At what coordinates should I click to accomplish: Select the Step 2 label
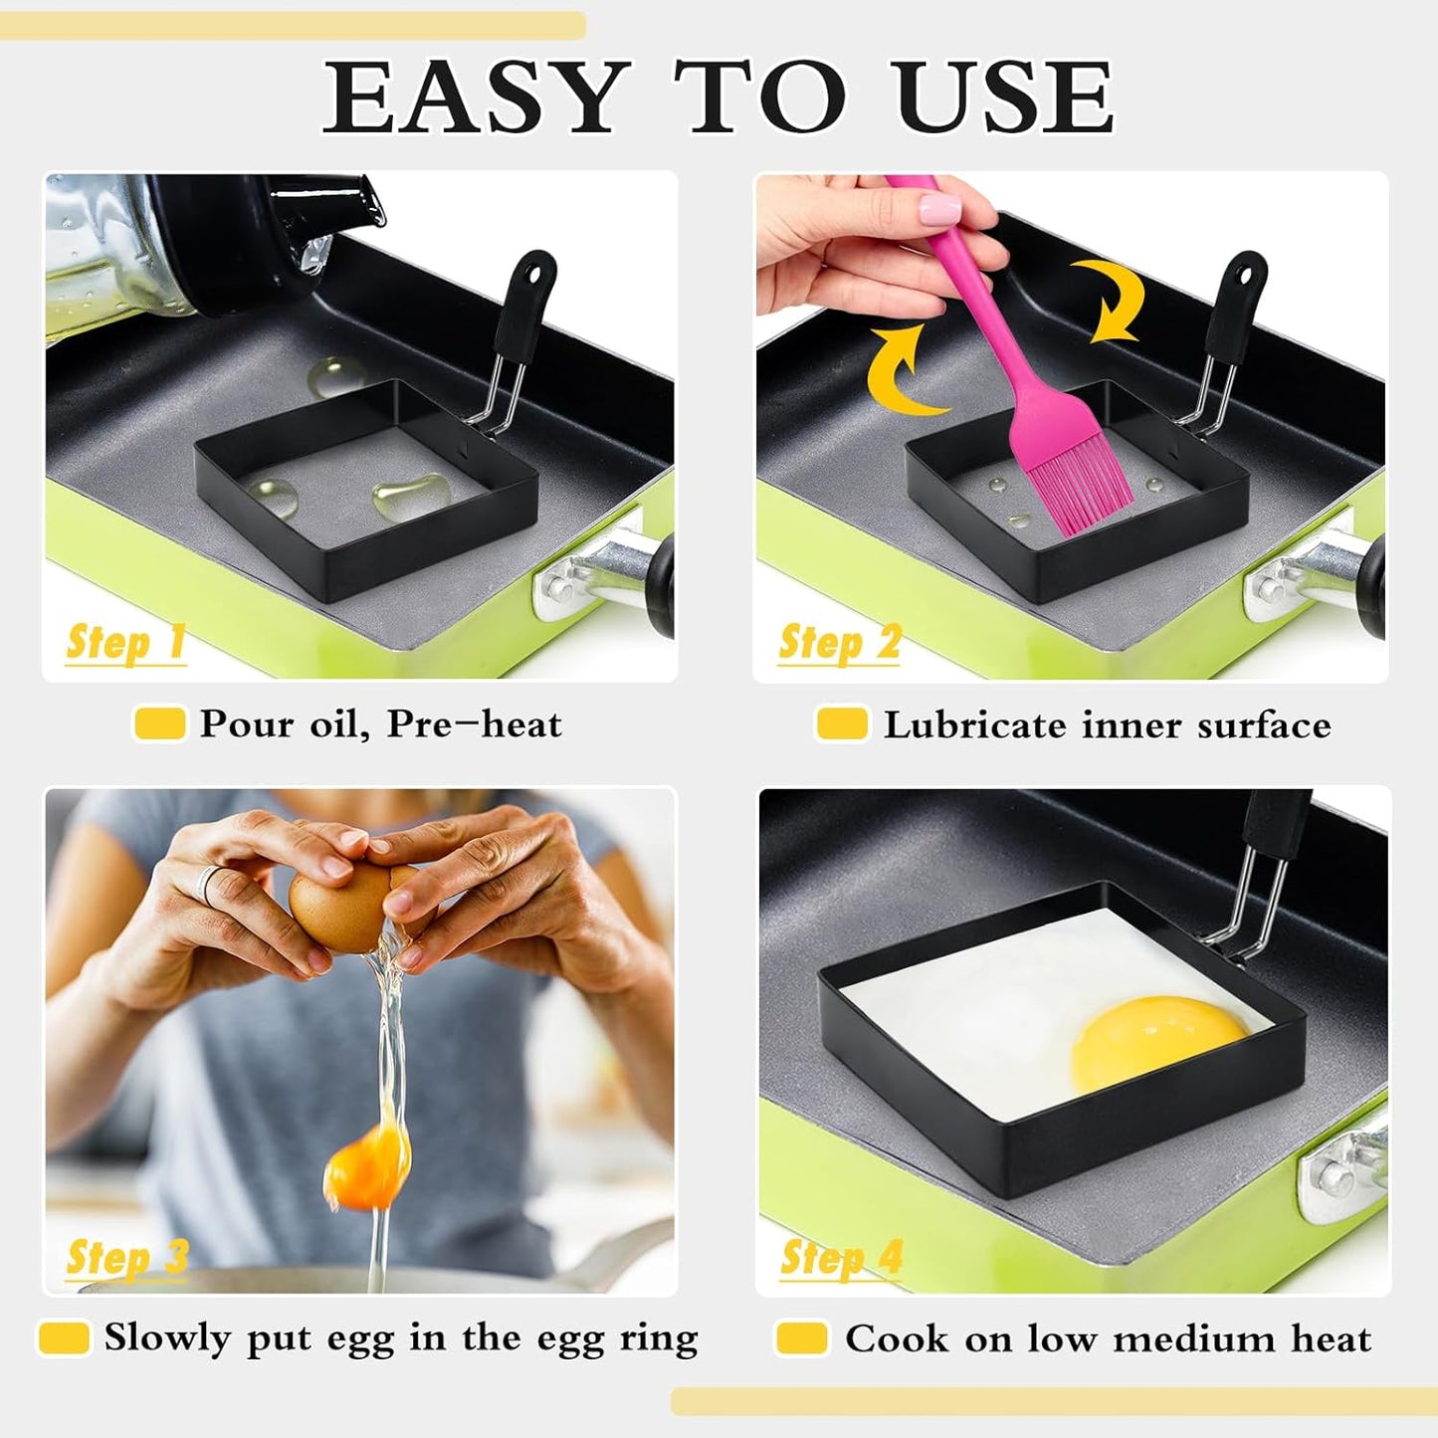coord(839,642)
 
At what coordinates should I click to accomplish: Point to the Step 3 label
coord(126,1257)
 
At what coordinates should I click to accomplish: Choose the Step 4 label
coord(841,1257)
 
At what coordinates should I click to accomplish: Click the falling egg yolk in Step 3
coord(368,1164)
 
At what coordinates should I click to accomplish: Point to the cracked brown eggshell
coord(338,906)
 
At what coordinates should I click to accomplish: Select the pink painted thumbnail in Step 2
coord(938,210)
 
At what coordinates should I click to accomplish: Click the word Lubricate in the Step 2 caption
coord(974,725)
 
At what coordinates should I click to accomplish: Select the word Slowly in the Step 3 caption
coord(166,1338)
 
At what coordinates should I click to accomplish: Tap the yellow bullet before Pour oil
coord(159,723)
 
